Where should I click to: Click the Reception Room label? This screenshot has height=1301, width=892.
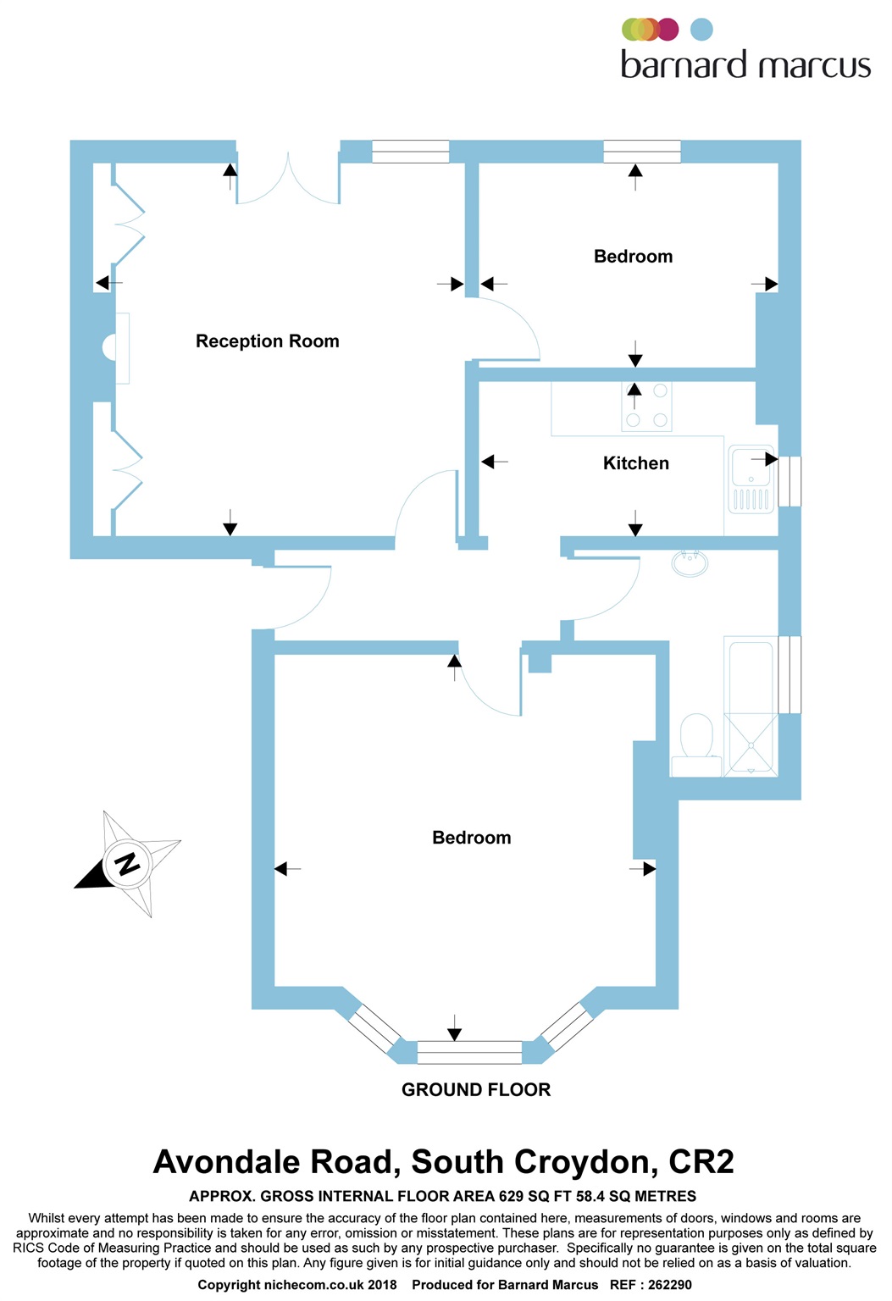[x=267, y=341]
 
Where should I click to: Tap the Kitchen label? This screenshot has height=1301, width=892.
[x=636, y=463]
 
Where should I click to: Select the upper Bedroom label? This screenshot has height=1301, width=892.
[x=633, y=256]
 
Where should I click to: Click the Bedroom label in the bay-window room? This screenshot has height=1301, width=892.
[x=472, y=838]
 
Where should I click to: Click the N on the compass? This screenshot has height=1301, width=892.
[x=126, y=864]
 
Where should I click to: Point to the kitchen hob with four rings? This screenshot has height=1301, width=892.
[x=646, y=407]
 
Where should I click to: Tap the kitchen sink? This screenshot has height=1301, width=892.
[x=751, y=479]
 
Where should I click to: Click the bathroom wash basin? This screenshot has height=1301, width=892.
[x=690, y=562]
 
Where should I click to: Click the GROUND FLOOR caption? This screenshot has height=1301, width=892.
[x=475, y=1089]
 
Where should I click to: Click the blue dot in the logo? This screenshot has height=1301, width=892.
[x=701, y=30]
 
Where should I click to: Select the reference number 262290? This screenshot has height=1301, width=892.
[x=670, y=1285]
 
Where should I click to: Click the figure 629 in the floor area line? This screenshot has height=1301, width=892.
[x=512, y=1196]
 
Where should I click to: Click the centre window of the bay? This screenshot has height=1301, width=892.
[x=469, y=1053]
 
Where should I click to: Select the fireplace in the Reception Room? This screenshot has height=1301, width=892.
[x=115, y=348]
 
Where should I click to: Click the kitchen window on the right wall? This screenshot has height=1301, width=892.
[x=790, y=481]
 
